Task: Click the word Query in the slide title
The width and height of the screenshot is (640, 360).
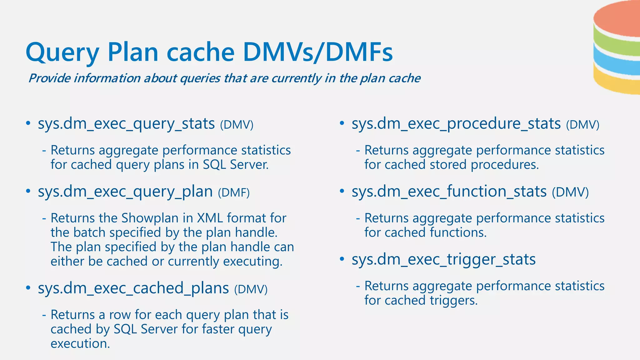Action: click(x=62, y=52)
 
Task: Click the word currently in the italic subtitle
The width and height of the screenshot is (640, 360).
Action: click(x=296, y=78)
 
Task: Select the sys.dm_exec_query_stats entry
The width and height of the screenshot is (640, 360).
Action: click(x=126, y=124)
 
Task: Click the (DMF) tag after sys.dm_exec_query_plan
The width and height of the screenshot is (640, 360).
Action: click(x=234, y=192)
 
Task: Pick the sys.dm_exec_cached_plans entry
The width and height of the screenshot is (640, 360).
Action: click(x=133, y=288)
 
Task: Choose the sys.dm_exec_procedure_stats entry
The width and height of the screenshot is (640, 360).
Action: click(x=456, y=124)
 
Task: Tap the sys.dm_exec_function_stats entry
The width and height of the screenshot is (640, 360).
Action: click(x=449, y=192)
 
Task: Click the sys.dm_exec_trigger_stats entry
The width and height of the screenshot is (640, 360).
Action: click(x=443, y=259)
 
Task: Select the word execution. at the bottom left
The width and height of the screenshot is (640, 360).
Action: click(x=80, y=343)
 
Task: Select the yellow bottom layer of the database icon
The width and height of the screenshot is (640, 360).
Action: click(x=617, y=83)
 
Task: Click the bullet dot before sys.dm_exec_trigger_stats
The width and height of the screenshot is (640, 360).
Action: click(x=342, y=259)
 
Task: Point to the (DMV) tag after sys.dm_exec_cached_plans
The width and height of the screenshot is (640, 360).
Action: click(x=251, y=289)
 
